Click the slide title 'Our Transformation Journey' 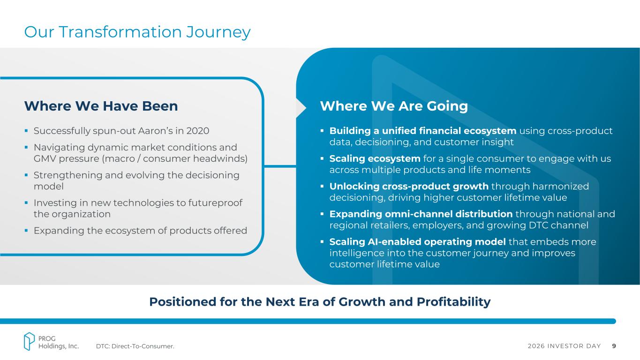(137, 32)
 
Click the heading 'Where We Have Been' (101, 106)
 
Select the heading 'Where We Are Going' (394, 106)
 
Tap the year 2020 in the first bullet (198, 131)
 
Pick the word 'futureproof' (215, 203)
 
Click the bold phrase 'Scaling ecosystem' (375, 158)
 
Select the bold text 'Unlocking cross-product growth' (409, 186)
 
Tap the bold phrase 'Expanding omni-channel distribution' (421, 214)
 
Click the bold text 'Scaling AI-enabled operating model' (417, 242)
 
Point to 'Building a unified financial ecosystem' (423, 131)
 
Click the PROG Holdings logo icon (29, 341)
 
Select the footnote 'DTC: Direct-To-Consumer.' (135, 346)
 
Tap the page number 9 (614, 346)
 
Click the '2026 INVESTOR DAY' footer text (565, 346)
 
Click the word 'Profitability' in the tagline (453, 302)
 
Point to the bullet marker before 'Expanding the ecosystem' (26, 231)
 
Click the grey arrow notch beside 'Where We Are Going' (301, 108)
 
